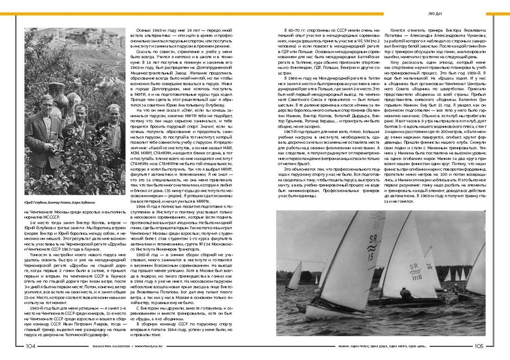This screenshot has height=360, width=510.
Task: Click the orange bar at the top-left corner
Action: [x=13, y=14]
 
